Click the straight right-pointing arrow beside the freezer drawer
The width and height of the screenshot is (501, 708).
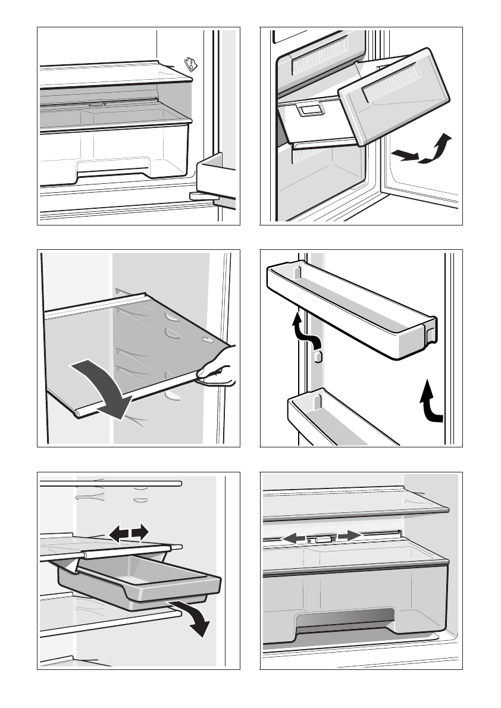[403, 155]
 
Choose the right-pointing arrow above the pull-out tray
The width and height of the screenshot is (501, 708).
[139, 532]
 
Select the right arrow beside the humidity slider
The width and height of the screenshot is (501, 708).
[350, 536]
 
